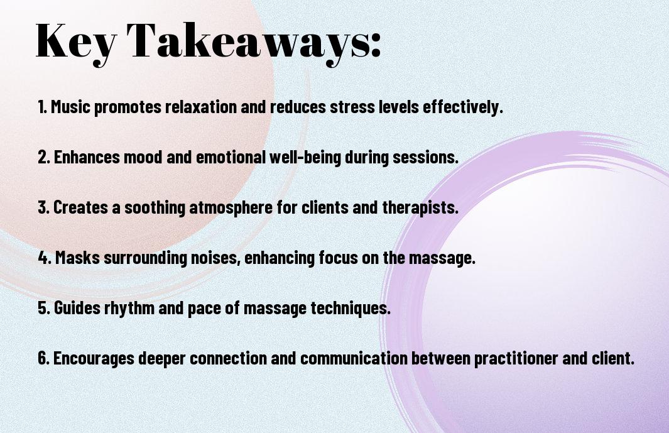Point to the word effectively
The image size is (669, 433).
pyautogui.click(x=463, y=107)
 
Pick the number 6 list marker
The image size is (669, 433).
pyautogui.click(x=43, y=358)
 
